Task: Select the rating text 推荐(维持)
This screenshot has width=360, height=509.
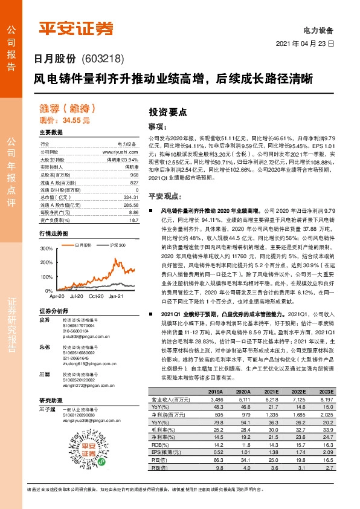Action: point(67,109)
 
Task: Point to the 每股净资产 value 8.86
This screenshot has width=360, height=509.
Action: point(133,212)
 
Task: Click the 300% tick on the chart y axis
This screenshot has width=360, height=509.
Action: point(46,248)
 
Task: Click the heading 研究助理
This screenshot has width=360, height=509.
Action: point(51,400)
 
